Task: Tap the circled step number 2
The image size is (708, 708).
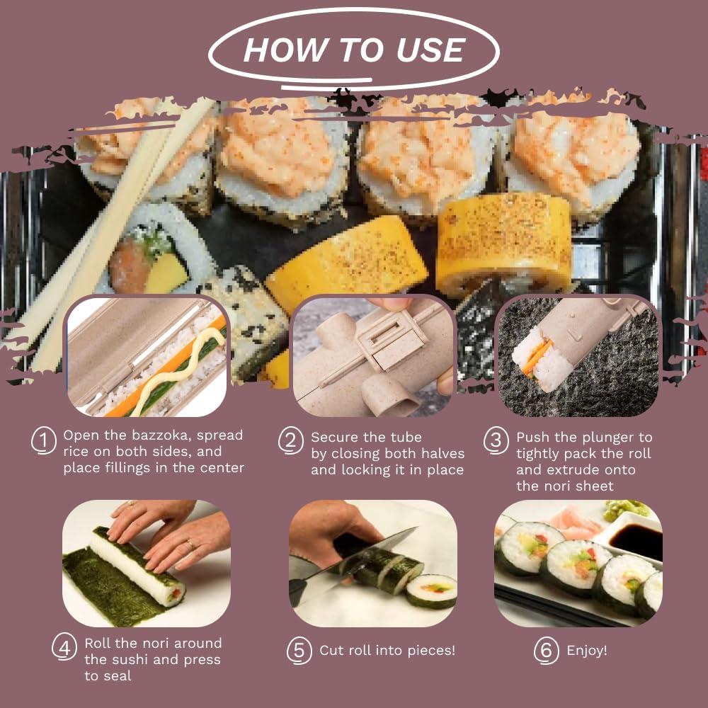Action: tap(290, 441)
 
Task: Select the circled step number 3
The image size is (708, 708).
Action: tap(496, 441)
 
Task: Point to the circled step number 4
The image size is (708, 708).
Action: tap(64, 648)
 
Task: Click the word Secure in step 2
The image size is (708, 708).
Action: tap(336, 438)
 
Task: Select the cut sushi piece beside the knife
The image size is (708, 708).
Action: tap(431, 590)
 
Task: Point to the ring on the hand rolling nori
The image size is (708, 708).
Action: tap(189, 543)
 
